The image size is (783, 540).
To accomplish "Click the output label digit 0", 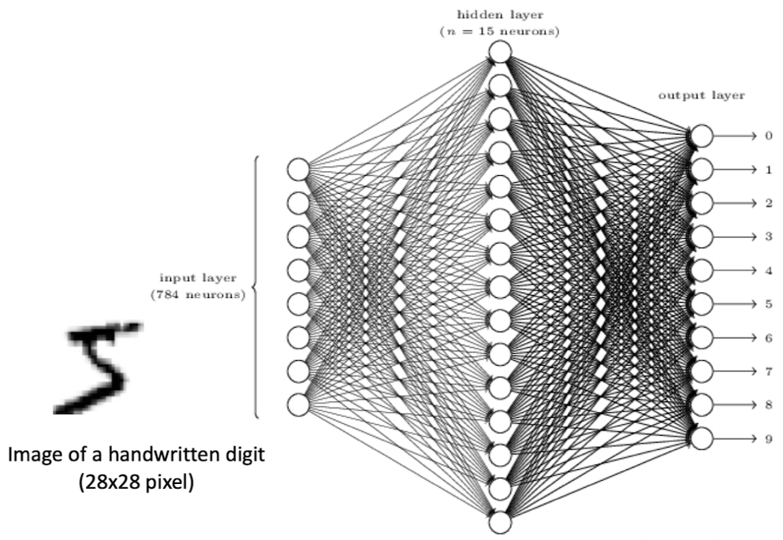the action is pyautogui.click(x=769, y=136).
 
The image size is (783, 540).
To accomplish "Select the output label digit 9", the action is pyautogui.click(x=769, y=439).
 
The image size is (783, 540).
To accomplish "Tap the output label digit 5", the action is pyautogui.click(x=769, y=304).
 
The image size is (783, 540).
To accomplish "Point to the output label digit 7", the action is pyautogui.click(x=769, y=372).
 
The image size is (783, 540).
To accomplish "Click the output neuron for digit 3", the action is pyautogui.click(x=702, y=237).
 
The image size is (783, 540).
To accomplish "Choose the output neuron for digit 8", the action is pyautogui.click(x=702, y=405).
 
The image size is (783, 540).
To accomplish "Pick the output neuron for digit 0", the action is pyautogui.click(x=702, y=136).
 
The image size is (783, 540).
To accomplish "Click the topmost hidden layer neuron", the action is pyautogui.click(x=501, y=52).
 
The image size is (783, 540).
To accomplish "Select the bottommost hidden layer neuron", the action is pyautogui.click(x=501, y=523).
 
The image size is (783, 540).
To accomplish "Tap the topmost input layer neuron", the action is pyautogui.click(x=299, y=169).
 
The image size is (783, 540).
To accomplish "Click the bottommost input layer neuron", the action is pyautogui.click(x=299, y=404).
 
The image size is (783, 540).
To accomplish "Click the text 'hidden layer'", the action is pyautogui.click(x=500, y=15).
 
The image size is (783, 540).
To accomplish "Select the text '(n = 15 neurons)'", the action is pyautogui.click(x=499, y=32).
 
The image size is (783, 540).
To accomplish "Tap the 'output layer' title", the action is pyautogui.click(x=702, y=95).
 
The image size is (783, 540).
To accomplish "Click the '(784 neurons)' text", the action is pyautogui.click(x=198, y=295).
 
